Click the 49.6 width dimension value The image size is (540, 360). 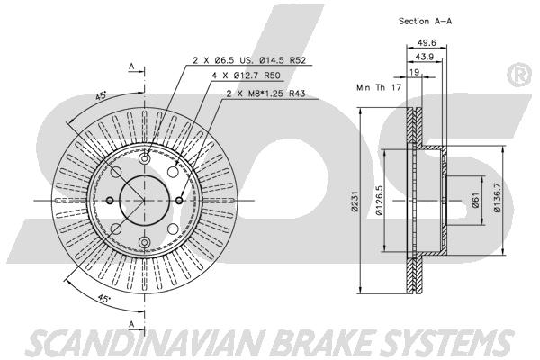(x=427, y=42)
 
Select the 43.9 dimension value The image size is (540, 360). (x=424, y=57)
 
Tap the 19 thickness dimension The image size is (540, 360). (x=415, y=72)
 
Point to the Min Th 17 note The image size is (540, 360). (x=379, y=87)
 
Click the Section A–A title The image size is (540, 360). (x=426, y=21)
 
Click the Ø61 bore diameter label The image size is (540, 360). (x=475, y=201)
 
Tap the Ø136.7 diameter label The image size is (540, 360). (x=497, y=197)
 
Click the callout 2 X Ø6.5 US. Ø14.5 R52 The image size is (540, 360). (x=249, y=60)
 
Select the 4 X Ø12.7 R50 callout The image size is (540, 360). (x=247, y=75)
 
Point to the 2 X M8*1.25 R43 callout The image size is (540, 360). (x=265, y=94)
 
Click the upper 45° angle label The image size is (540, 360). (x=101, y=95)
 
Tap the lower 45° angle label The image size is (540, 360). (x=103, y=298)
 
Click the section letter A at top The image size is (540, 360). (x=131, y=66)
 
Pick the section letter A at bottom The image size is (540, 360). (x=131, y=323)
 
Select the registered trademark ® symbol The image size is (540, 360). (x=519, y=75)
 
